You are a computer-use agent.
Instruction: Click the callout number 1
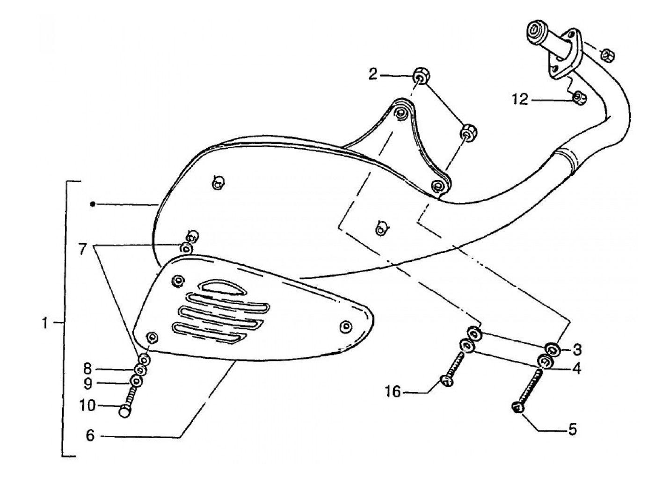[x=45, y=323]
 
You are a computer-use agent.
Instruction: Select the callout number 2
[x=372, y=74]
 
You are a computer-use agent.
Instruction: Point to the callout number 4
[x=576, y=369]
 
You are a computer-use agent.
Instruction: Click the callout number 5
[x=573, y=428]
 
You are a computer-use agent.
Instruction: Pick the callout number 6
[x=90, y=435]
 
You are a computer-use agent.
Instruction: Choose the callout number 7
[x=83, y=249]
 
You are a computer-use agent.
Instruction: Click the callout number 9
[x=89, y=383]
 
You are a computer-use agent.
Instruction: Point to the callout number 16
[x=393, y=392]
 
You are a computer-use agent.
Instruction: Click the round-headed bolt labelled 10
[x=125, y=411]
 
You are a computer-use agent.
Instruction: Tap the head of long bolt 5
[x=518, y=407]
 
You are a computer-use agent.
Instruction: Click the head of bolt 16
[x=447, y=381]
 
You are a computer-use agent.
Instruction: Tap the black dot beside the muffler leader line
[x=93, y=204]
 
